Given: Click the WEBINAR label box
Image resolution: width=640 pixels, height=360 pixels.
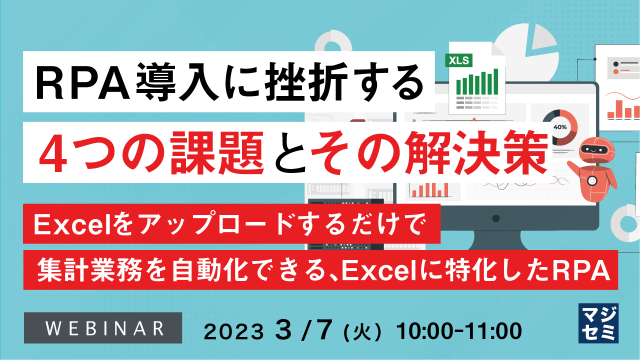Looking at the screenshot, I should tap(104, 327).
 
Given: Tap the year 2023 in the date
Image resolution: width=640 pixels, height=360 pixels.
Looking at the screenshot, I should tap(234, 331).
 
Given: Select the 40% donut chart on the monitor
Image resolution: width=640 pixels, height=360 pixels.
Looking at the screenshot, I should tap(559, 127).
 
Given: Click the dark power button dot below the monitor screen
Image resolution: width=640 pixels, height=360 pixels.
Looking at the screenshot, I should tap(496, 218).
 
